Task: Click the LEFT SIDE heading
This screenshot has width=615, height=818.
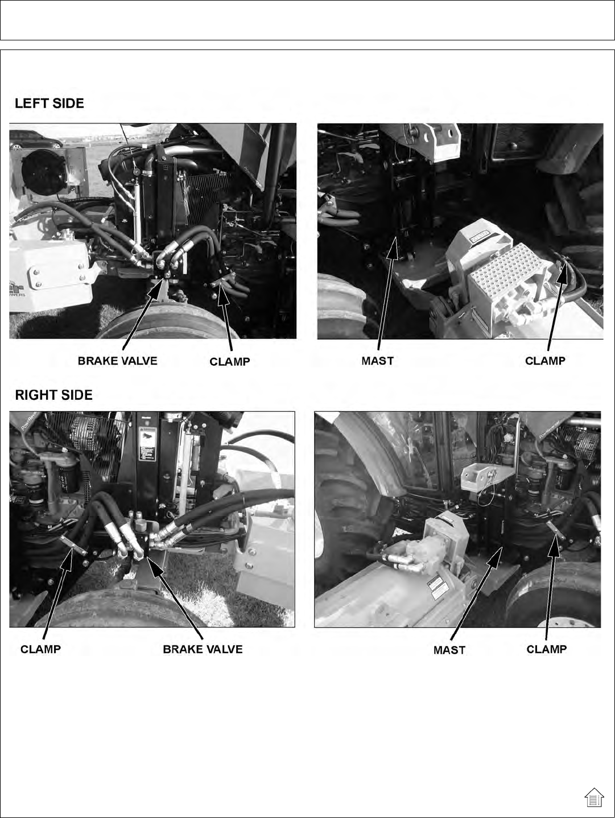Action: (49, 103)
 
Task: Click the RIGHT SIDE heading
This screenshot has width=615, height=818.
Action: (53, 395)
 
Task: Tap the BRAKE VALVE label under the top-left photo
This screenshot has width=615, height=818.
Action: (117, 361)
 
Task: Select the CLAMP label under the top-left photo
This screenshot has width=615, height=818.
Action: (230, 361)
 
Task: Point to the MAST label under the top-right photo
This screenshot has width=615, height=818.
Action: (377, 361)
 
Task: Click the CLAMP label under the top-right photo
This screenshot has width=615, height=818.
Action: (545, 361)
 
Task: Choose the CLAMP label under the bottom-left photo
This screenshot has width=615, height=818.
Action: (40, 649)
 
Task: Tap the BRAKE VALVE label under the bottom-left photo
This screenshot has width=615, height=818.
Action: (203, 649)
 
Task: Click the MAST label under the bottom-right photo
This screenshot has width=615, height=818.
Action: (449, 650)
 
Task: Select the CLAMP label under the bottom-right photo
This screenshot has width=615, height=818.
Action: (546, 649)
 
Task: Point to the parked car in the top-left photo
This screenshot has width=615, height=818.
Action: (35, 140)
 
